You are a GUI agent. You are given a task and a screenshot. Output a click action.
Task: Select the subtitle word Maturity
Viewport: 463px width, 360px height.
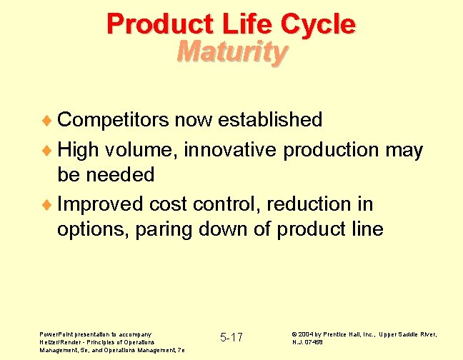pyautogui.click(x=232, y=51)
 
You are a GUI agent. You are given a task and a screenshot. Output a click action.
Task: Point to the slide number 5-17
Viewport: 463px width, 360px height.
pyautogui.click(x=231, y=337)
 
